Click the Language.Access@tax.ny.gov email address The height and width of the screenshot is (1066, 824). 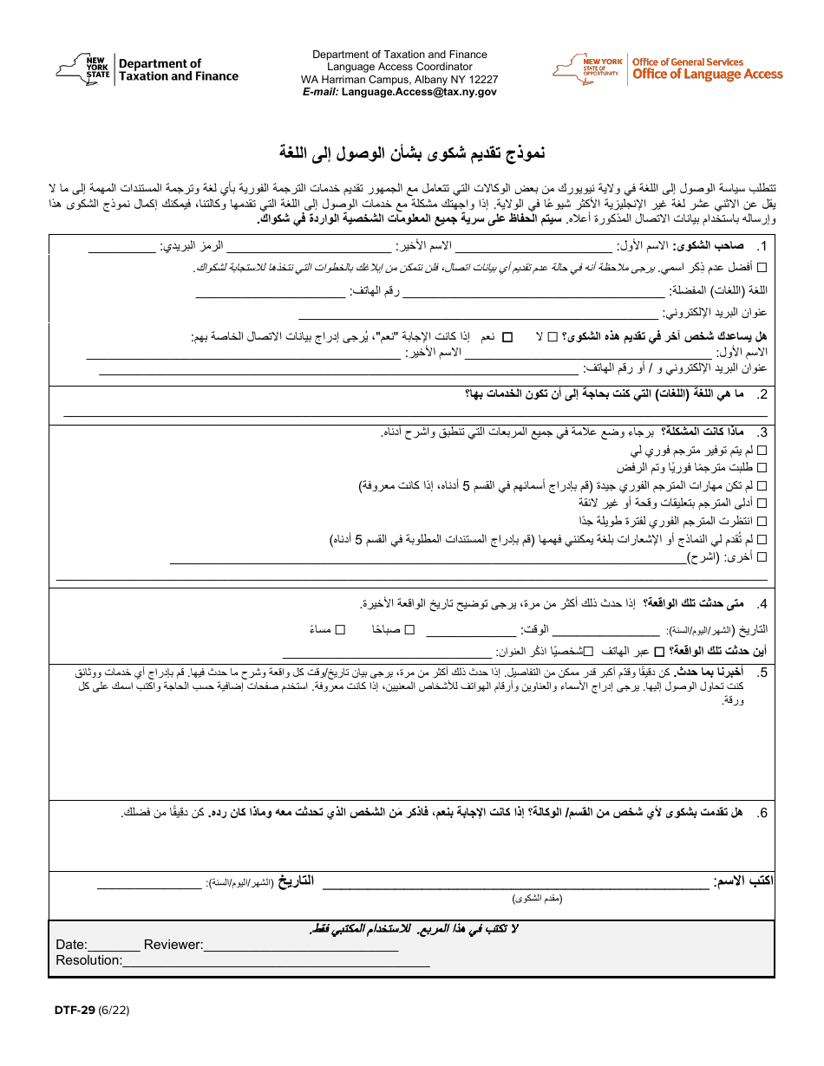pyautogui.click(x=419, y=91)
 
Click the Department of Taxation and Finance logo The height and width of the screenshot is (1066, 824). pyautogui.click(x=147, y=69)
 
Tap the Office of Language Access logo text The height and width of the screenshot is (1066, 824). pyautogui.click(x=707, y=75)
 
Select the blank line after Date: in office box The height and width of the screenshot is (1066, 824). pyautogui.click(x=114, y=946)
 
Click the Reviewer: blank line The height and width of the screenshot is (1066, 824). pyautogui.click(x=301, y=946)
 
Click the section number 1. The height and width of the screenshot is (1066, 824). pyautogui.click(x=762, y=246)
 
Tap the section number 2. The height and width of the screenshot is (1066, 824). pyautogui.click(x=762, y=395)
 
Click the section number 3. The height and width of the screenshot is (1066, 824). pyautogui.click(x=762, y=433)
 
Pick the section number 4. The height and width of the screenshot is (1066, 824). pyautogui.click(x=762, y=604)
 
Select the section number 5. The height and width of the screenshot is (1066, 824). pyautogui.click(x=762, y=673)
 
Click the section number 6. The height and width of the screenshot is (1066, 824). pyautogui.click(x=762, y=813)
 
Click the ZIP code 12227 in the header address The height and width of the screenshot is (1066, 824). pyautogui.click(x=482, y=79)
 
